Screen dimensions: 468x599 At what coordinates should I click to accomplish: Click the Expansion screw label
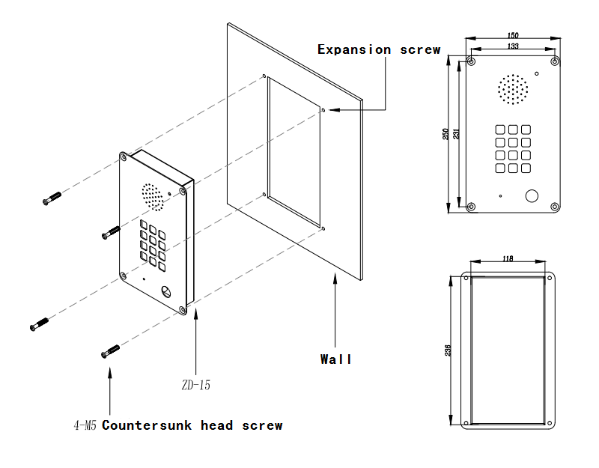pos(379,49)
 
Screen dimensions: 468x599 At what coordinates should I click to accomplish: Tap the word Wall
pos(335,359)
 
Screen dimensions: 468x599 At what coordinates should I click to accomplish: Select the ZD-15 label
pos(195,386)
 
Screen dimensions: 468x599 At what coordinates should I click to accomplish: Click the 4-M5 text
pos(85,426)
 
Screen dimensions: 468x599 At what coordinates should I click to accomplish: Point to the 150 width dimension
pos(513,35)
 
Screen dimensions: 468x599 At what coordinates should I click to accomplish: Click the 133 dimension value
pos(513,46)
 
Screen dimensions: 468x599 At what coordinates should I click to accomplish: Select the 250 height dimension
pos(446,134)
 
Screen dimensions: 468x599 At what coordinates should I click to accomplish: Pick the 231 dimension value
pos(457,134)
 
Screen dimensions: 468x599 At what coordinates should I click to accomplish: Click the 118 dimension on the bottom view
pos(508,259)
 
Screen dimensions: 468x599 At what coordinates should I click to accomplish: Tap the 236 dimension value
pos(448,350)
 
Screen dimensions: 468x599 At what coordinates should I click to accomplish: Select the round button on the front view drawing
pos(532,196)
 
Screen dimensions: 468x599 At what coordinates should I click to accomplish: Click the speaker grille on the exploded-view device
pos(152,196)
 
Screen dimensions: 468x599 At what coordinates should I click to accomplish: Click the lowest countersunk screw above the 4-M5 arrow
pos(110,350)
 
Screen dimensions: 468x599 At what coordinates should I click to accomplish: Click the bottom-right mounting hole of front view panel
pos(554,207)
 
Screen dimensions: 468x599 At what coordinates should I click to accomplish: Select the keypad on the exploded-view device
pos(152,243)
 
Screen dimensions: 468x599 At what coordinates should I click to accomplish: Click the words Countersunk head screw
pos(192,426)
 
